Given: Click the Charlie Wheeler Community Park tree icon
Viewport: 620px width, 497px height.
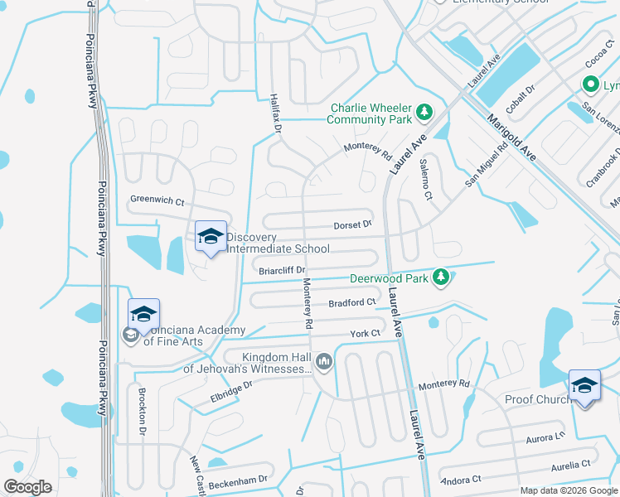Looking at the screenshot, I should (x=424, y=111).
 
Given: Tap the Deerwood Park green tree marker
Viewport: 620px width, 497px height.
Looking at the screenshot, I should (x=442, y=277).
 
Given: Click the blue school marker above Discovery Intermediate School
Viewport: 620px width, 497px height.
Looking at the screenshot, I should (x=211, y=237).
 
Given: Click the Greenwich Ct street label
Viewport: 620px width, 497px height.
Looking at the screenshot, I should (x=157, y=200).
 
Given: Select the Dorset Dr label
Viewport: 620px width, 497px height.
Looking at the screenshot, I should (x=352, y=224).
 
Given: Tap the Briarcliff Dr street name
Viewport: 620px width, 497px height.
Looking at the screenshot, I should (x=283, y=270).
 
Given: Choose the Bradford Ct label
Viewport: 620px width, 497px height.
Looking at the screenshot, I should (x=351, y=302).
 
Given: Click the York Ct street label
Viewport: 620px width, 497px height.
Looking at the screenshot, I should (x=364, y=333).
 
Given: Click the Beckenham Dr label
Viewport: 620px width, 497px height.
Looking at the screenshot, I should (x=239, y=479).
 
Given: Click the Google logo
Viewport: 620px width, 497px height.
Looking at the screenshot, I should (x=27, y=486).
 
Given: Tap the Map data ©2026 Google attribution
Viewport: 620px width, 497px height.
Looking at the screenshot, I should (x=568, y=490).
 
